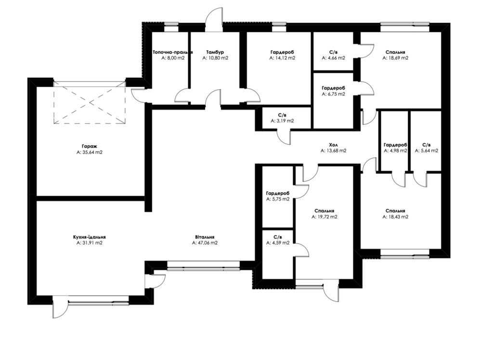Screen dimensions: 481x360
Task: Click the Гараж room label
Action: pos(89,147)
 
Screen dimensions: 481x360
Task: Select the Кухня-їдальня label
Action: pos(89,237)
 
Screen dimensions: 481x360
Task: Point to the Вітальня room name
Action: pos(205,237)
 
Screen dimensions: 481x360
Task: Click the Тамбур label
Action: pos(215,52)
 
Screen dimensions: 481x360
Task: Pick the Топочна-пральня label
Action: pos(173,52)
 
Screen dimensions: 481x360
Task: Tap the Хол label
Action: pos(334,145)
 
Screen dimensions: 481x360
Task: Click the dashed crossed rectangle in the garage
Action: pos(90,103)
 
